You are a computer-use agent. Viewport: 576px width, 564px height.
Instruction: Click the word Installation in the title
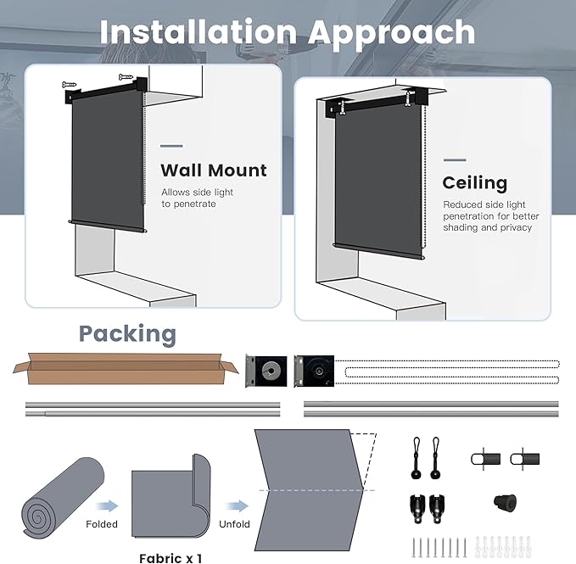tap(198, 32)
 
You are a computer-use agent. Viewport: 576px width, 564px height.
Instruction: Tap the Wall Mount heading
tap(214, 170)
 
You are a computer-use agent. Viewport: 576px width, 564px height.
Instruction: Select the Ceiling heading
tap(474, 183)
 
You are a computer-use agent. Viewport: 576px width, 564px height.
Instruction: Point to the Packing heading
tap(127, 334)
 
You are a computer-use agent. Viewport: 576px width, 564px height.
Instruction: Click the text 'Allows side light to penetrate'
tap(197, 198)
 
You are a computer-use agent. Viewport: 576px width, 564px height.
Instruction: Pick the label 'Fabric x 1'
tap(171, 557)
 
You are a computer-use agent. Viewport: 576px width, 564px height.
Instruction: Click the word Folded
tap(102, 524)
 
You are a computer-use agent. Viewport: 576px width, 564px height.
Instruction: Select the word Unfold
tap(234, 524)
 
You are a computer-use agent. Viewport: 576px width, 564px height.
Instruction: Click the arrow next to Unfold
tap(237, 506)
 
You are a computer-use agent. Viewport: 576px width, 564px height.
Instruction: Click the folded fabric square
tap(171, 500)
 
